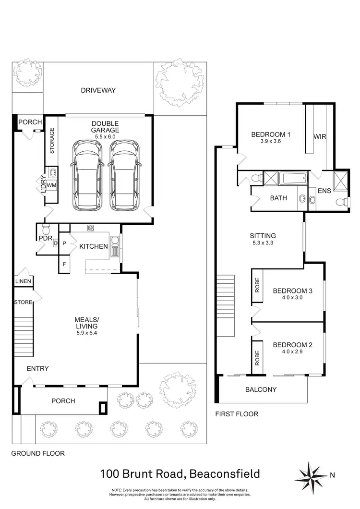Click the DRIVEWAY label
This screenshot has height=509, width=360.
click(98, 90)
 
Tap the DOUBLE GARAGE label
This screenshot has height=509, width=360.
click(106, 127)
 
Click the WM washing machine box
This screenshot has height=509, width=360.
click(51, 185)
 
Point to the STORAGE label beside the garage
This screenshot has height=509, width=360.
click(52, 141)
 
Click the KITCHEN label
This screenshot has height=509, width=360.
click(93, 246)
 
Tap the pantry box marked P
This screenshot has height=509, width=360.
click(64, 244)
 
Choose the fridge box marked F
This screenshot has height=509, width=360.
click(64, 264)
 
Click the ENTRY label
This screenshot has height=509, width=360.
click(37, 368)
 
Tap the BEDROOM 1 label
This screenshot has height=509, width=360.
click(271, 135)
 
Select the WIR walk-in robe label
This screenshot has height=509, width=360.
click(320, 137)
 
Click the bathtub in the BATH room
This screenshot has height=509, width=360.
click(287, 179)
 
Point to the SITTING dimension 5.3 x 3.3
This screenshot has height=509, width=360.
click(263, 243)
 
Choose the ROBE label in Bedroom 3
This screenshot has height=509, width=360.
click(257, 286)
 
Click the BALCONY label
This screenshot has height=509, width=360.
click(261, 389)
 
